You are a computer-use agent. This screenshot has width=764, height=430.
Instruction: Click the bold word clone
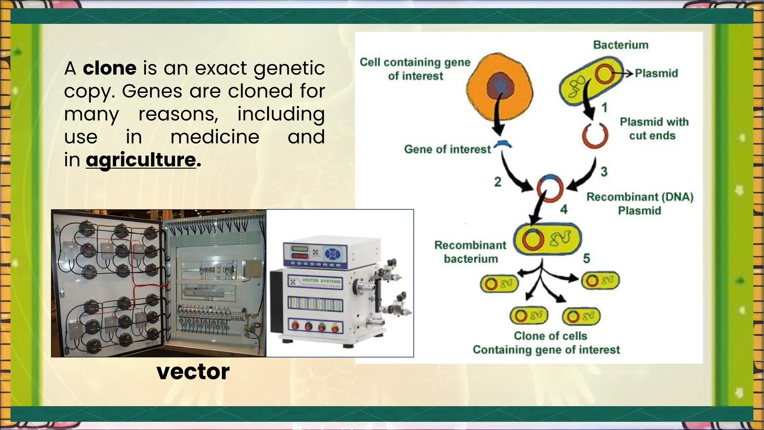click(x=109, y=68)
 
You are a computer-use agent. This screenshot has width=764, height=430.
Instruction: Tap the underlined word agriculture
click(x=141, y=160)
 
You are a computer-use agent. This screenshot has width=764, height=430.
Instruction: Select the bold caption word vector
click(x=193, y=372)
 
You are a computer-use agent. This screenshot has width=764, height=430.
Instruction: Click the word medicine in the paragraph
click(x=215, y=137)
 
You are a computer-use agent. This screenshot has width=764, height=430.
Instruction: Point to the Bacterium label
click(x=620, y=45)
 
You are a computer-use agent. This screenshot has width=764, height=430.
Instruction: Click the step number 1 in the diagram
click(x=604, y=108)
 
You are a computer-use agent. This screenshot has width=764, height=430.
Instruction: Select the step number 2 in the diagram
click(x=498, y=182)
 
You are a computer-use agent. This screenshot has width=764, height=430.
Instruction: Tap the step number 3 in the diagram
click(x=604, y=172)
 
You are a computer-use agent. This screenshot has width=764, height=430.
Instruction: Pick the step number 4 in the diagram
click(x=564, y=209)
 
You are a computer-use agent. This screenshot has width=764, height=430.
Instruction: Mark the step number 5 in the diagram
click(x=586, y=258)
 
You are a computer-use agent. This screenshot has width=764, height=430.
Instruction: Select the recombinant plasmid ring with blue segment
click(x=550, y=188)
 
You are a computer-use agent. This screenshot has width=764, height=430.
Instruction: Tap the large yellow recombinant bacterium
click(x=547, y=239)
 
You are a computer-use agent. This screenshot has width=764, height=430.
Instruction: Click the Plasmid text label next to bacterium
click(x=656, y=73)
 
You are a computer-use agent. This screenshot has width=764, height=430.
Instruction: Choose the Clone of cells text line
click(x=550, y=336)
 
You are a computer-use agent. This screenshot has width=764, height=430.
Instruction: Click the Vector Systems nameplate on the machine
click(x=316, y=281)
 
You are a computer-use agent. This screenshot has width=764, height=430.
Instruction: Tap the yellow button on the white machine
click(x=335, y=328)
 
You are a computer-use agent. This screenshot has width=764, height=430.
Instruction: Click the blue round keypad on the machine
click(x=331, y=255)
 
